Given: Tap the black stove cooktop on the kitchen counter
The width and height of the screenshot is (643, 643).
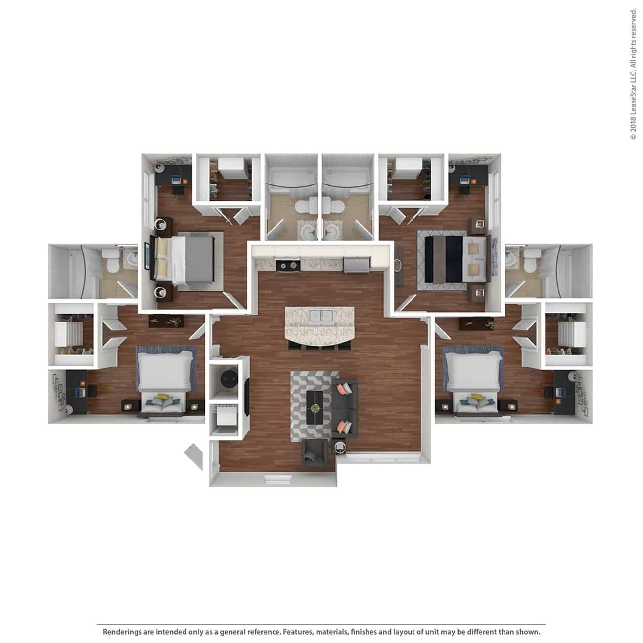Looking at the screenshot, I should (x=288, y=266).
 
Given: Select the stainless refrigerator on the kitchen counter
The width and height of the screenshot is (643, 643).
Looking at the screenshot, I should (x=356, y=265).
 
